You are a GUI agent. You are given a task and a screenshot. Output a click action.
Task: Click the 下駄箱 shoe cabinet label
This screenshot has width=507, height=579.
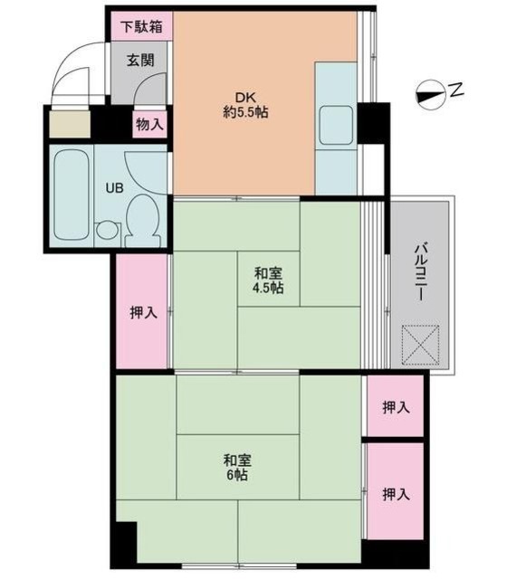coord(142,26)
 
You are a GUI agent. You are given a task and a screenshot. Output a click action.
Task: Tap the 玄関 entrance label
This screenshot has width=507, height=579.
coord(140,61)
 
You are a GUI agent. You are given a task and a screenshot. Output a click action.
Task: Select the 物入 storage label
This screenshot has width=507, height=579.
coord(149,124)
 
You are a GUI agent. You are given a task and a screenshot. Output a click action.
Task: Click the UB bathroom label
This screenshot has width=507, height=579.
coord(115,189)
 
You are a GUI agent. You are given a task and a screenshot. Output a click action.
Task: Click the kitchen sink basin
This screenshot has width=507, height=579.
coord(337,124)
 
